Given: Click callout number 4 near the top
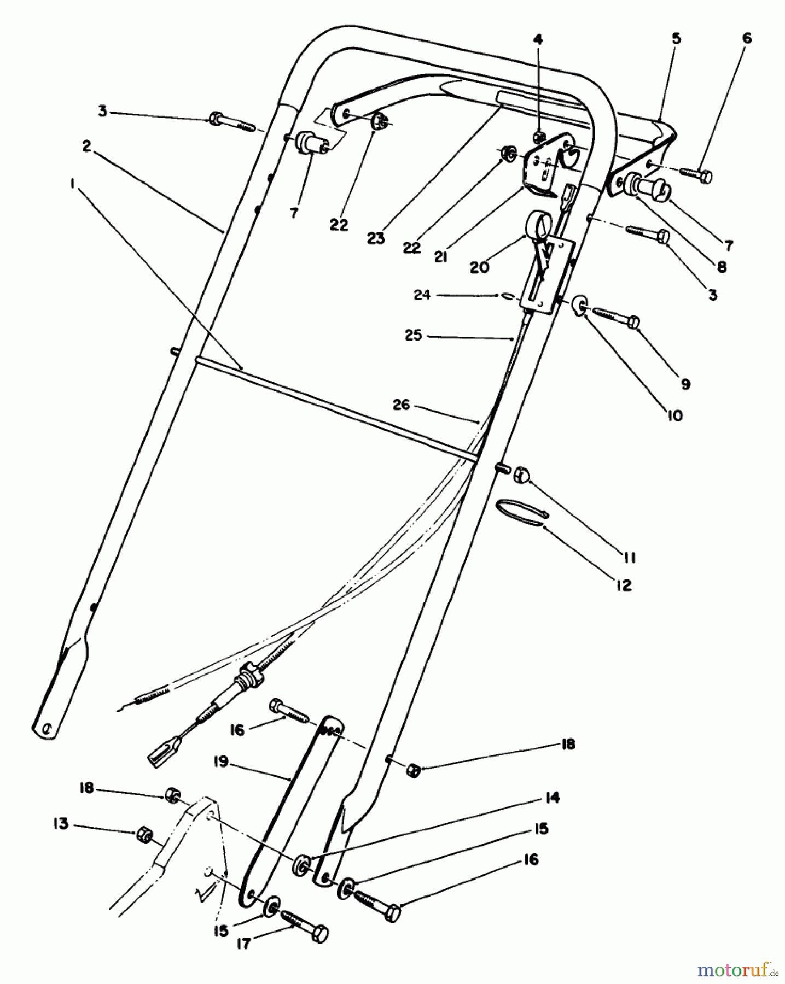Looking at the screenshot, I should pyautogui.click(x=538, y=39).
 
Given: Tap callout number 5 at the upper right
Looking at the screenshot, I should pyautogui.click(x=676, y=39).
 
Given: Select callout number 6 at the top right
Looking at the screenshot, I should pyautogui.click(x=747, y=38).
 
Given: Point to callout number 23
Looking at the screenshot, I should pyautogui.click(x=376, y=238).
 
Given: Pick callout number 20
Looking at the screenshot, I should pyautogui.click(x=479, y=267).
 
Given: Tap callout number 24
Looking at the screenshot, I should pyautogui.click(x=422, y=295).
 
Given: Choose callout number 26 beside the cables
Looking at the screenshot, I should pyautogui.click(x=401, y=405).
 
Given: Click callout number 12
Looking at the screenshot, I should pyautogui.click(x=624, y=585).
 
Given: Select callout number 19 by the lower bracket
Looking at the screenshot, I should pyautogui.click(x=221, y=762).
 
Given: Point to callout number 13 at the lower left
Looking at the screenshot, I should pyautogui.click(x=60, y=823).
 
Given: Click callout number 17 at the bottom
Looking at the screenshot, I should pyautogui.click(x=243, y=944).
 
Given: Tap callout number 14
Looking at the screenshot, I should pyautogui.click(x=553, y=798).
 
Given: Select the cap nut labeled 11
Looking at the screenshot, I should pyautogui.click(x=522, y=476).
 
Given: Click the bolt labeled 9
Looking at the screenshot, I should pyautogui.click(x=615, y=317).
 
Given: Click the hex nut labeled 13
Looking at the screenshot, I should pyautogui.click(x=143, y=834).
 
